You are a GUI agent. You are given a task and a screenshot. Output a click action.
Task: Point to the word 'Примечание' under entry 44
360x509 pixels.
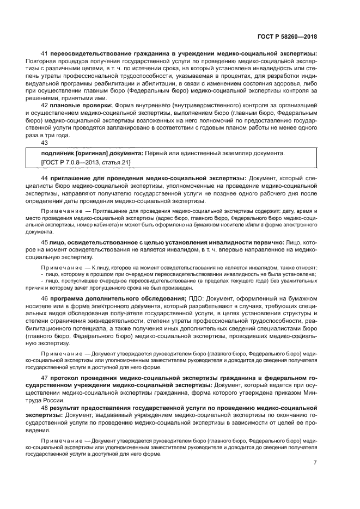59,211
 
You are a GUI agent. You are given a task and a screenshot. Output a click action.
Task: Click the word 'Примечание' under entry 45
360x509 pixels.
59,267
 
